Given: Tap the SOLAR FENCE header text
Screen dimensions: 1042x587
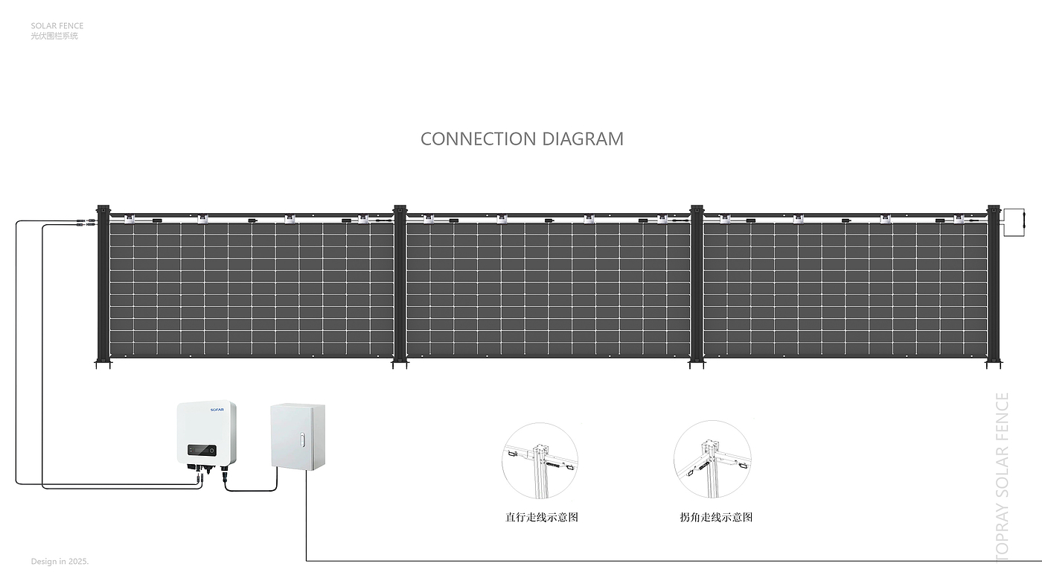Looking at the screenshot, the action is pyautogui.click(x=57, y=26).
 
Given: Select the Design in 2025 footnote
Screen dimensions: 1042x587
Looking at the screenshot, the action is pyautogui.click(x=60, y=561).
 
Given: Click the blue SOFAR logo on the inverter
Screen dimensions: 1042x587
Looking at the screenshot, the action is pyautogui.click(x=216, y=409).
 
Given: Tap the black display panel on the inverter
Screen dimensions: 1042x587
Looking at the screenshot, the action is pyautogui.click(x=201, y=450).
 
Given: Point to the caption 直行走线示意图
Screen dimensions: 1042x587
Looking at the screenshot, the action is pyautogui.click(x=541, y=517).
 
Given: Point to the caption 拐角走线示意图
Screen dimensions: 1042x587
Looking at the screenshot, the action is pyautogui.click(x=716, y=517).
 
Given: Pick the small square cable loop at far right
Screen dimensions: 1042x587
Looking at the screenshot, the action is pyautogui.click(x=1014, y=223).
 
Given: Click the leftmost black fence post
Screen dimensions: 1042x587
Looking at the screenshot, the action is pyautogui.click(x=103, y=287).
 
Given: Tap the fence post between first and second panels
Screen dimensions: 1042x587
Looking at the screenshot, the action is pyautogui.click(x=400, y=287).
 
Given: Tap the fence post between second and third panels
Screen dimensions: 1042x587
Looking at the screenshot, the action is pyautogui.click(x=697, y=287).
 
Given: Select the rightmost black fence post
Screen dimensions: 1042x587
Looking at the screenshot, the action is pyautogui.click(x=993, y=287).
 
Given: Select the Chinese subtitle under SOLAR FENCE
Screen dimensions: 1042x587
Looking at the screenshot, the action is pyautogui.click(x=54, y=36).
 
